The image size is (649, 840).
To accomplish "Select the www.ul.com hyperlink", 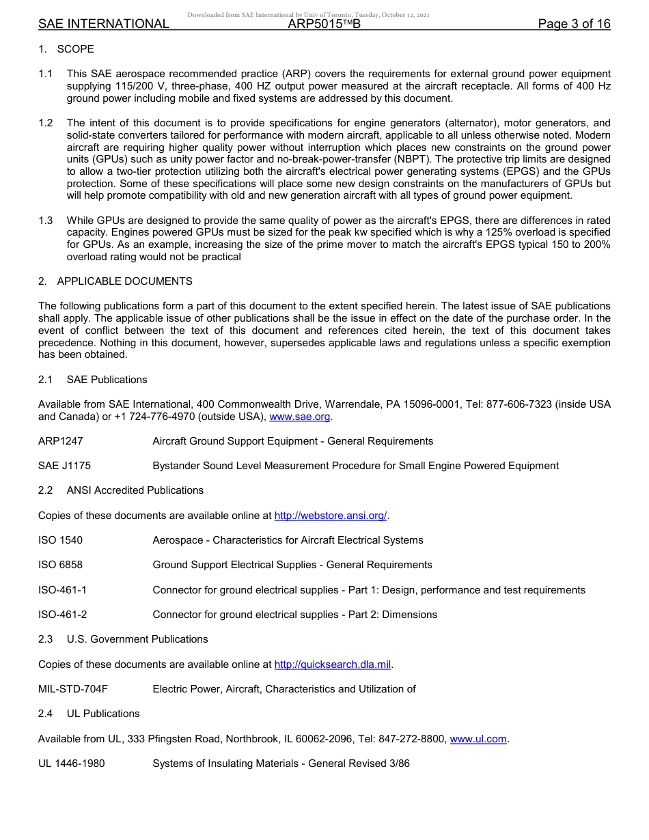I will point(478,739).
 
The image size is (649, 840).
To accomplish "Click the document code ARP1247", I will point(61,441).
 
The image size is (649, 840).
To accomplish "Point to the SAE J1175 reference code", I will point(64,466).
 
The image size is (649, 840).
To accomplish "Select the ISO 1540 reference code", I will point(60,540).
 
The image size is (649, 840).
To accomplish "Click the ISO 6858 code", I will point(60,565).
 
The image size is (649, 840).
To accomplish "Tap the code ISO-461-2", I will point(62,615).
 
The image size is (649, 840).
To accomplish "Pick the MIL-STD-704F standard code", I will point(72,689).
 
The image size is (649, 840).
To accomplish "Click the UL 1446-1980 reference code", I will point(71,764).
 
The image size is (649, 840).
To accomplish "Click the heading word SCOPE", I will point(76,49).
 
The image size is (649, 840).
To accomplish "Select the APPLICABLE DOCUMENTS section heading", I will point(124,281).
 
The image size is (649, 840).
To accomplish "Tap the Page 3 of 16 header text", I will point(574,25).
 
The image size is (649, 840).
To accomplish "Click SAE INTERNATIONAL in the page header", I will point(103,25).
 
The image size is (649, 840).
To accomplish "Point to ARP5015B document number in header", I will point(324,25).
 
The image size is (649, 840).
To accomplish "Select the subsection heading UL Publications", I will point(103,714).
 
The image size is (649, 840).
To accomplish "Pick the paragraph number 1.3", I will point(45,221).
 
